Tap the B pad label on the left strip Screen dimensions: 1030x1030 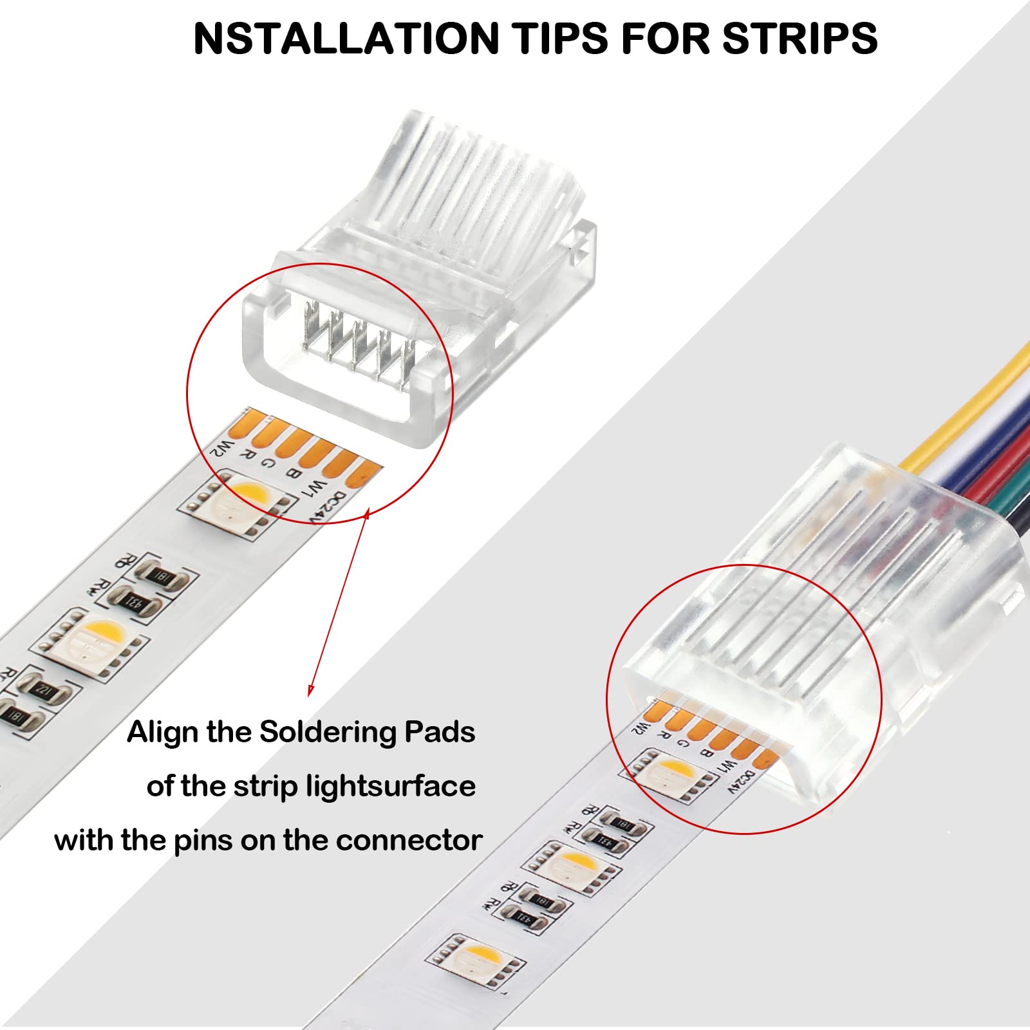pyautogui.click(x=291, y=474)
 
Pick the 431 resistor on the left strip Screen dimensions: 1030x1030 pyautogui.click(x=132, y=603)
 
